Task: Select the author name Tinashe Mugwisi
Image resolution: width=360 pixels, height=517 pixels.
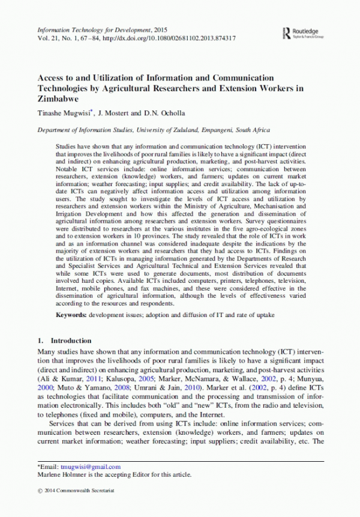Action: [63, 113]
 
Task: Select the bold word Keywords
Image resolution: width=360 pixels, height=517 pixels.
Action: [72, 315]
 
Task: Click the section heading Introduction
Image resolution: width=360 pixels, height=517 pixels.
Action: [71, 340]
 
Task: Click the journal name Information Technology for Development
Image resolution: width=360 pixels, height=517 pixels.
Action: [94, 29]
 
